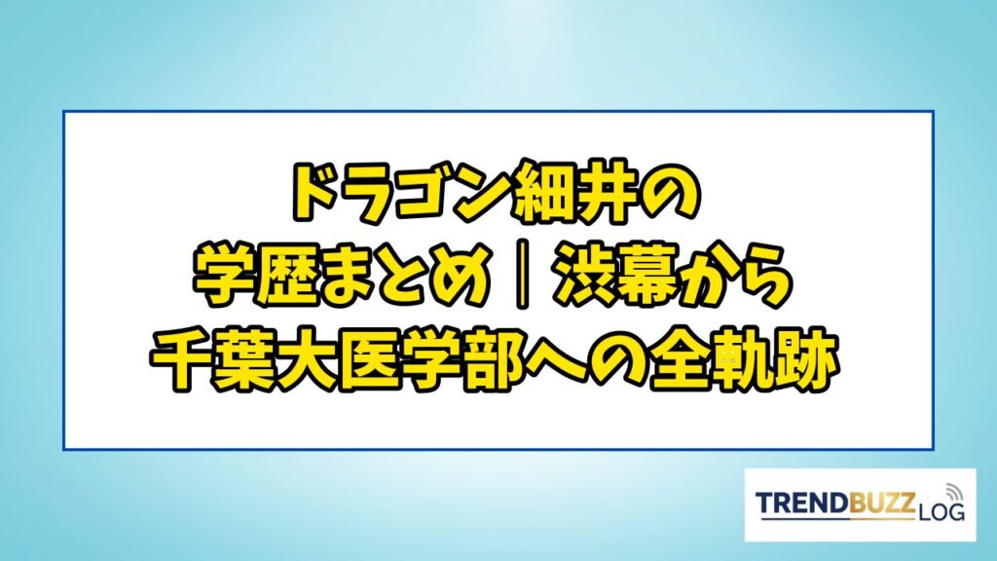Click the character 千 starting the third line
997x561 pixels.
[x=182, y=360]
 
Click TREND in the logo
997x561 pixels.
[x=803, y=504]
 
